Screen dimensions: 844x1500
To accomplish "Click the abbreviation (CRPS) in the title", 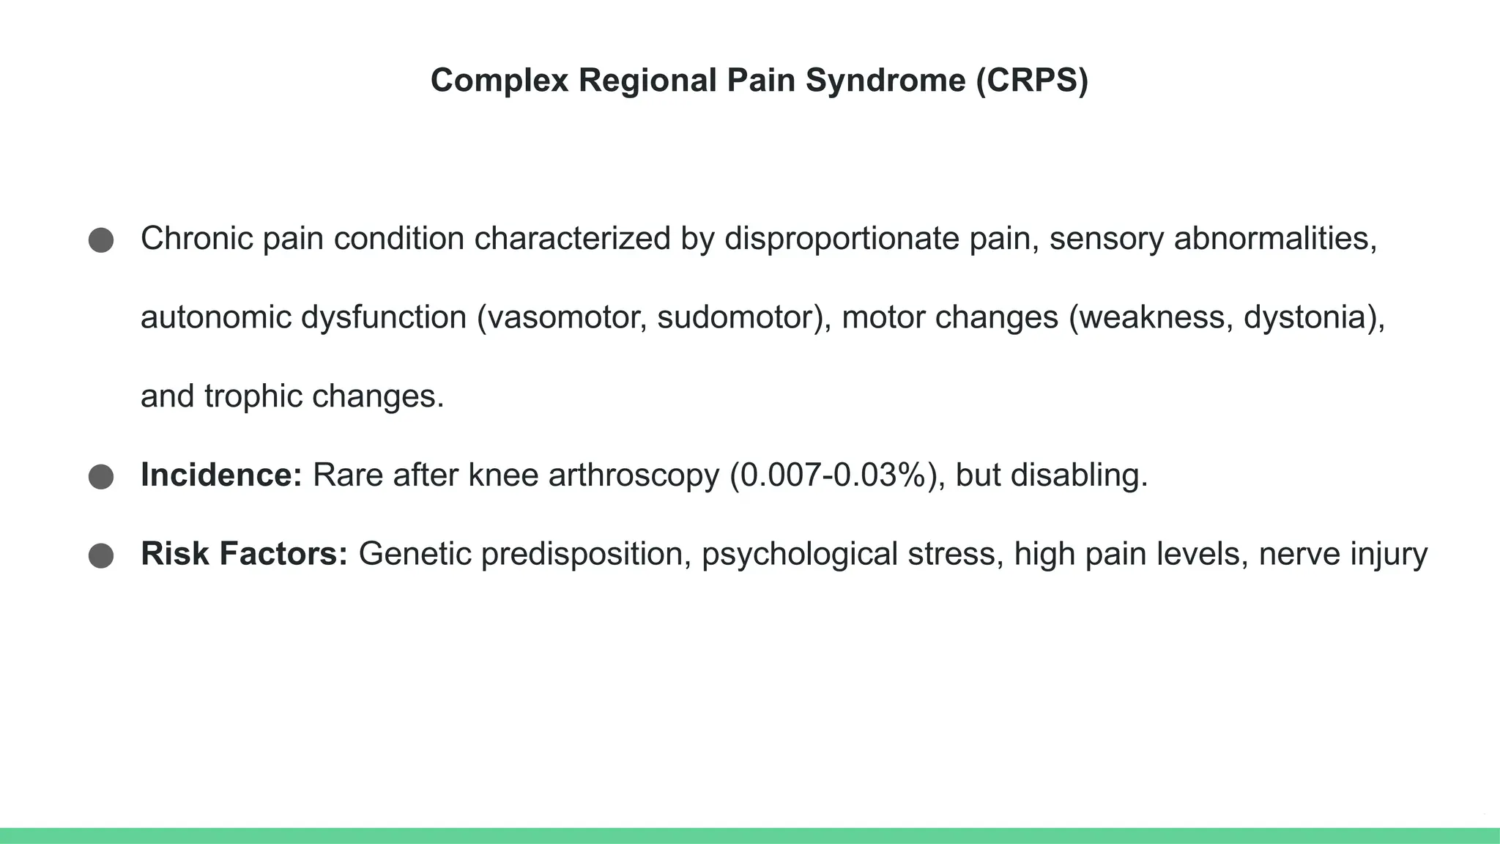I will click(x=1032, y=81).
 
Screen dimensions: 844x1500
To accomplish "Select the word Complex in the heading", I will click(x=500, y=81).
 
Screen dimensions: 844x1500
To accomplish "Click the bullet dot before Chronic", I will click(x=101, y=240).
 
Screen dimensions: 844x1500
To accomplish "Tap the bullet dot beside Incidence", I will click(x=101, y=477).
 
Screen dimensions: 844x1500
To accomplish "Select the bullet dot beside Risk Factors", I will click(x=101, y=555).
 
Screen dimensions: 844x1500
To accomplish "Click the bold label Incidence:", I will click(x=221, y=475).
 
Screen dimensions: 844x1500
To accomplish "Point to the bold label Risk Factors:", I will click(x=244, y=554).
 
